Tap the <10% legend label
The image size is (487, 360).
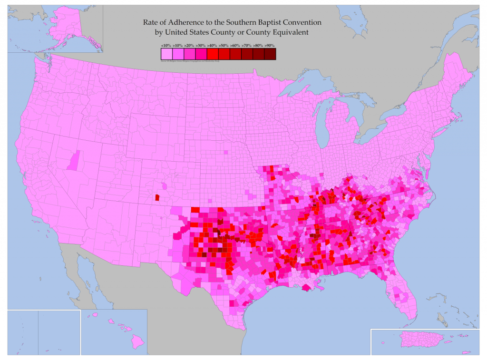tap(166, 45)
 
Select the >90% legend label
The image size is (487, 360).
tap(270, 45)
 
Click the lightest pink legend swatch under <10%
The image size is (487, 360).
tap(166, 53)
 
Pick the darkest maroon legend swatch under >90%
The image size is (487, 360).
tap(270, 53)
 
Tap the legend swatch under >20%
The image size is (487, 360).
tap(189, 53)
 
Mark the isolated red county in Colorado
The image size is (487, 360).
tap(157, 197)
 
